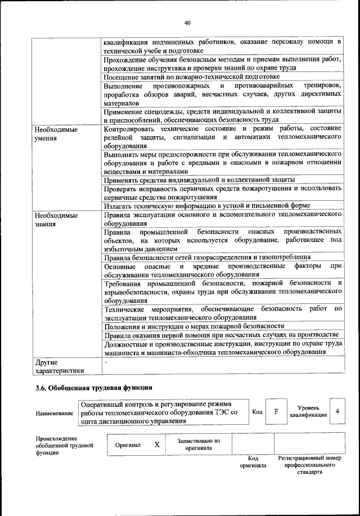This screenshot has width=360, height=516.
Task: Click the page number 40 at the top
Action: pos(187,23)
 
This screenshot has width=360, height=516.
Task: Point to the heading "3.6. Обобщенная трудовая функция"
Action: pos(93,388)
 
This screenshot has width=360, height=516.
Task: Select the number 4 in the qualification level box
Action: pos(336,411)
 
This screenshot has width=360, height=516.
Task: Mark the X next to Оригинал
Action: pos(157,445)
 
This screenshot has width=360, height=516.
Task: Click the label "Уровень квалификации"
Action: pos(305,411)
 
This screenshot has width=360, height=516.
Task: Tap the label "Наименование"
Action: pos(55,414)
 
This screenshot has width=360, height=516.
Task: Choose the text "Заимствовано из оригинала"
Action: pos(198,445)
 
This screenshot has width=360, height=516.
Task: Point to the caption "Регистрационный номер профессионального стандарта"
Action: pos(309,465)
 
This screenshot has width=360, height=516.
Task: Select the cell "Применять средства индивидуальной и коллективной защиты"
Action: pos(200,180)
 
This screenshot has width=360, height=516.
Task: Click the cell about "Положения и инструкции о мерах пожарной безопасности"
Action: pos(194,326)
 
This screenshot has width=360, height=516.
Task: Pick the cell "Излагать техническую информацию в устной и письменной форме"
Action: pos(207,205)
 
